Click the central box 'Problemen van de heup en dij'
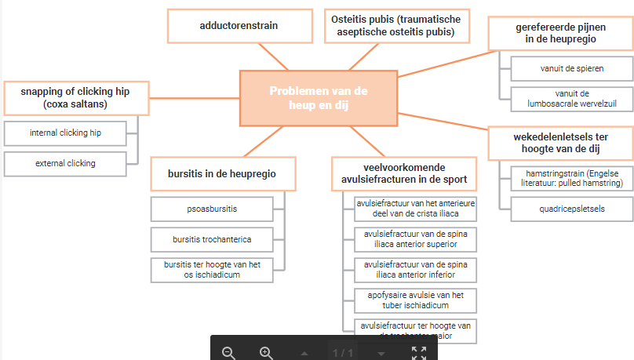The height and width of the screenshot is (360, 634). (x=318, y=98)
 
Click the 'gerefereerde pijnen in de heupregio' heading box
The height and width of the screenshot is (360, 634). (x=556, y=32)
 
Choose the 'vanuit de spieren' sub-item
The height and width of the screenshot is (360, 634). (x=572, y=68)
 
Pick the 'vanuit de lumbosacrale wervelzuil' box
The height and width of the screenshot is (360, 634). (x=572, y=99)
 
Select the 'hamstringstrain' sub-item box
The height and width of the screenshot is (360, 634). (x=572, y=177)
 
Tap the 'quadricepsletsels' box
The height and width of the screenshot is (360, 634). (x=572, y=209)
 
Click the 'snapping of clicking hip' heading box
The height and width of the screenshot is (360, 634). (x=75, y=97)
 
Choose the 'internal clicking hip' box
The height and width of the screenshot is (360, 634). (x=65, y=133)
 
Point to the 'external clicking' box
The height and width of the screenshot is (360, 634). (x=65, y=163)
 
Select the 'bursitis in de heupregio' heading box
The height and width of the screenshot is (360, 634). (x=222, y=173)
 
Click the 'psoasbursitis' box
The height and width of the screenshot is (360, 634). (x=212, y=209)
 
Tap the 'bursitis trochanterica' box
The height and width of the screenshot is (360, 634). (x=212, y=238)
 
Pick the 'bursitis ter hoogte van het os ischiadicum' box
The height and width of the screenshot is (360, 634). (x=212, y=269)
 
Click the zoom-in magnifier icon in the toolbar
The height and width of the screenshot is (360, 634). (x=266, y=352)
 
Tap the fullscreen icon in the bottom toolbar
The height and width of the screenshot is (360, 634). (x=418, y=352)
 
